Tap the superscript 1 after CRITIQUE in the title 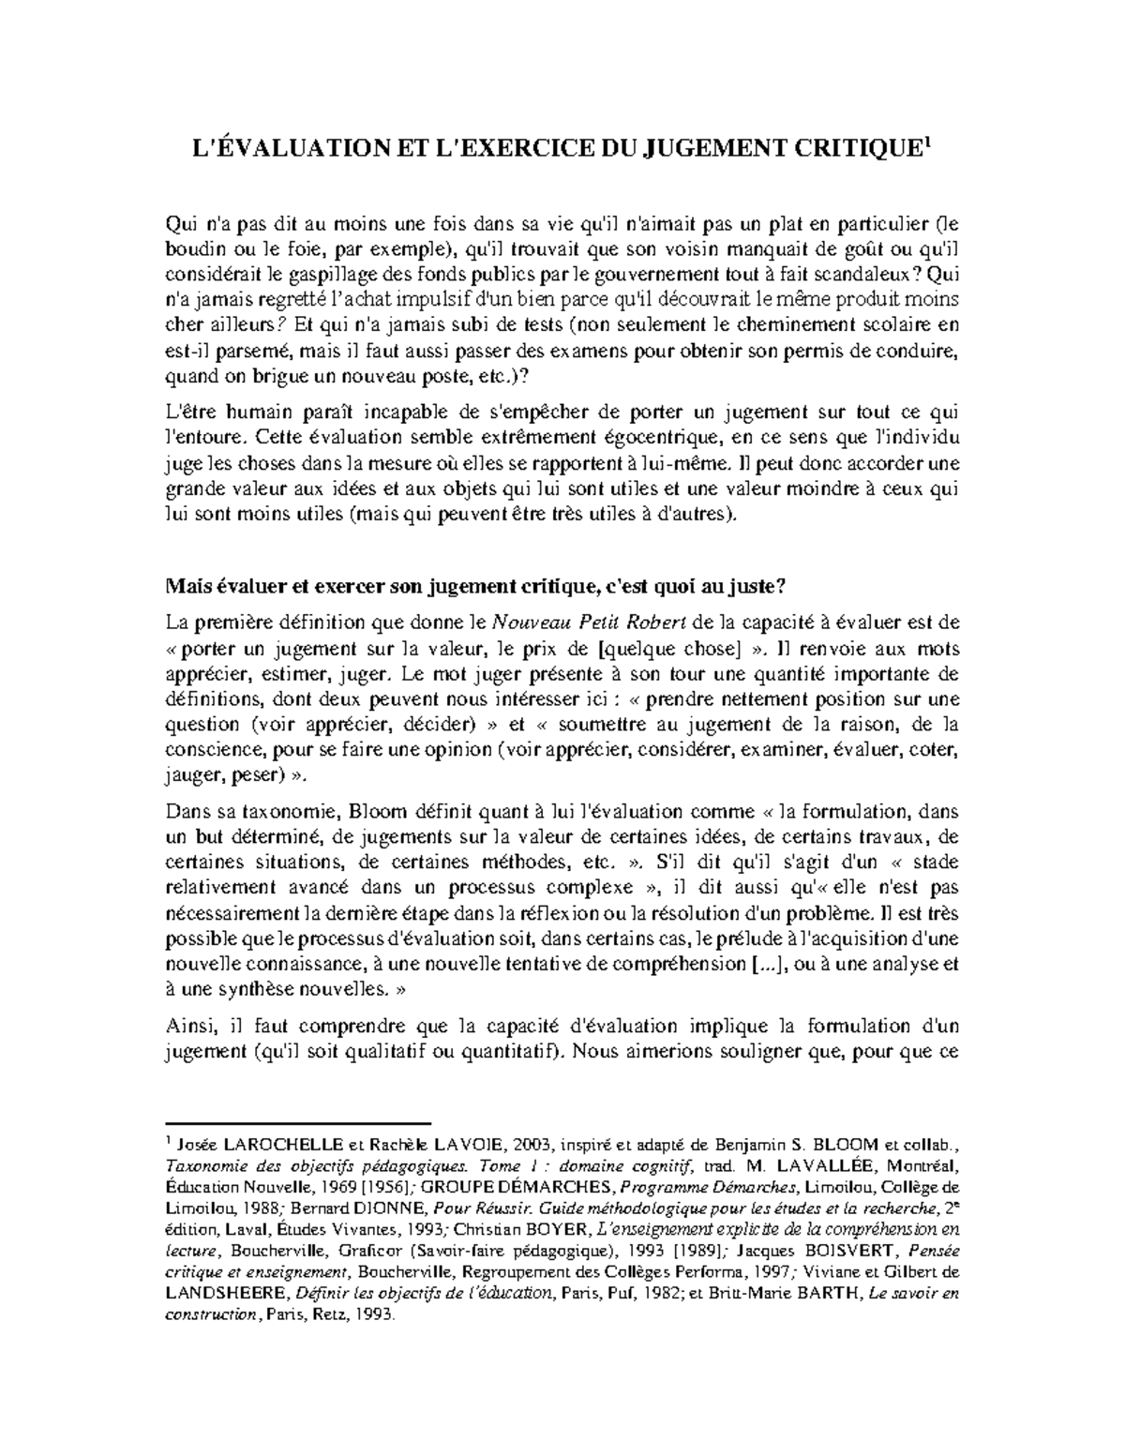926,143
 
